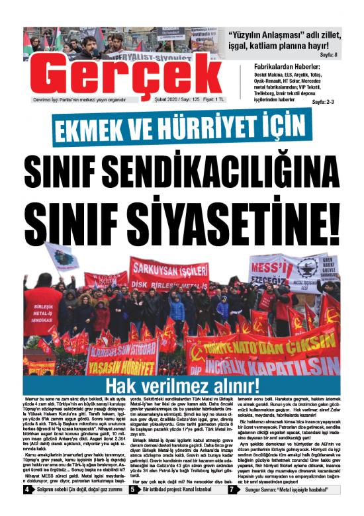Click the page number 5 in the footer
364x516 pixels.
(123, 508)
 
